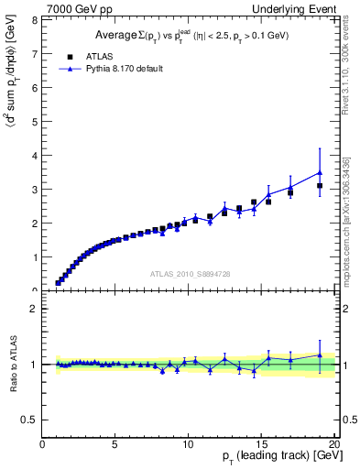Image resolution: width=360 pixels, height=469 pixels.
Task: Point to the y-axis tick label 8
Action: [x=35, y=19]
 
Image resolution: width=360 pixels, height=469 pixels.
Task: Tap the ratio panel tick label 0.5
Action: [x=31, y=420]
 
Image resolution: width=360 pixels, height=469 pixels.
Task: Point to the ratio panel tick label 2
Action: [x=35, y=309]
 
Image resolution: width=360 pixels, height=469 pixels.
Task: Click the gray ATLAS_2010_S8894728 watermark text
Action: [x=189, y=274]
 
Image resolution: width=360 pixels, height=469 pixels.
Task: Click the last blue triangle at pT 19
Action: [x=320, y=172]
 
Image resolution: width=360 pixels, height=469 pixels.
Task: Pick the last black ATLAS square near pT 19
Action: [x=320, y=186]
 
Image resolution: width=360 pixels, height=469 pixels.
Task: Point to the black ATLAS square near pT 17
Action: [x=290, y=193]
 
